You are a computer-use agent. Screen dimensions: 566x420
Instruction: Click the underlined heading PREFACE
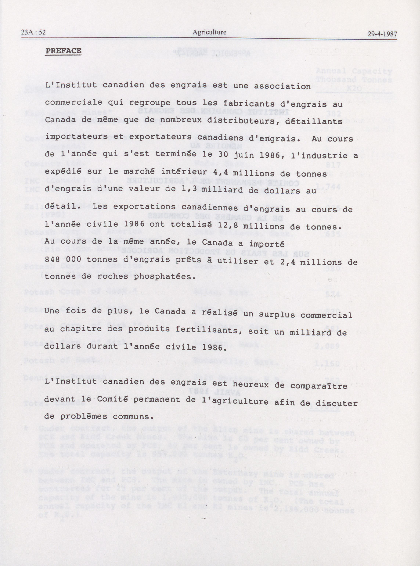(63, 51)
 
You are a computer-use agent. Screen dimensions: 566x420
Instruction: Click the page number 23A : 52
(33, 33)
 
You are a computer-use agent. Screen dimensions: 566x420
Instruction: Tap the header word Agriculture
(209, 32)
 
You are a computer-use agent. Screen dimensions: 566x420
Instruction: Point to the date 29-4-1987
(382, 34)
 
